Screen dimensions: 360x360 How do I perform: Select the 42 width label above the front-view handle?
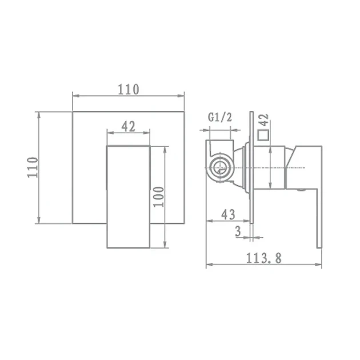(x=129, y=126)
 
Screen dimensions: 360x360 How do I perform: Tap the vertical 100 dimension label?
(x=159, y=197)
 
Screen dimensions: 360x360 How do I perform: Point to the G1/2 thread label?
(x=220, y=117)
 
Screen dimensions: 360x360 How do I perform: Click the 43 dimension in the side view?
(x=228, y=215)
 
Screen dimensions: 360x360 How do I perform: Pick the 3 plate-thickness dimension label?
(x=238, y=231)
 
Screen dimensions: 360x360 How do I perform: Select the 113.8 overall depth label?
(x=264, y=258)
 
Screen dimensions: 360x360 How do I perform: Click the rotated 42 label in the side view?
(x=264, y=119)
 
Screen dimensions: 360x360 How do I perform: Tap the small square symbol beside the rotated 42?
(x=263, y=135)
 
